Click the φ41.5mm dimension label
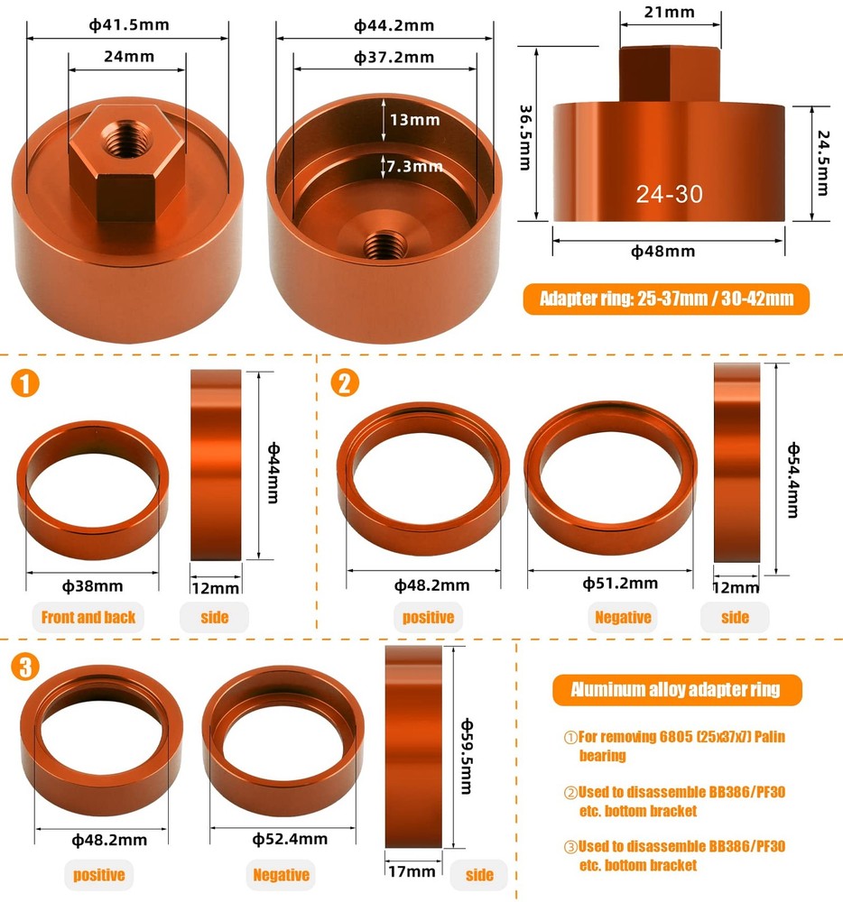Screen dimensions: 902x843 pos(129,24)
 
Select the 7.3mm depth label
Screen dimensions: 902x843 pos(414,166)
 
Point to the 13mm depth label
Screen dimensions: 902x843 pos(414,119)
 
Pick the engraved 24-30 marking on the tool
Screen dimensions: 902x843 pos(668,193)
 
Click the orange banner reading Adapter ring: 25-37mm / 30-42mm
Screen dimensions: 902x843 pos(666,299)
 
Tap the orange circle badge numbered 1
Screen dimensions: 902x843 pos(26,383)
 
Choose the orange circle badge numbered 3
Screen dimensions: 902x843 pos(26,667)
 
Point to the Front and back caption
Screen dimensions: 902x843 pos(88,617)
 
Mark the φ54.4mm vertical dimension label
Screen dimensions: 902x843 pos(793,466)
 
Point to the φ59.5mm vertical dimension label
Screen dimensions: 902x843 pos(467,756)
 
